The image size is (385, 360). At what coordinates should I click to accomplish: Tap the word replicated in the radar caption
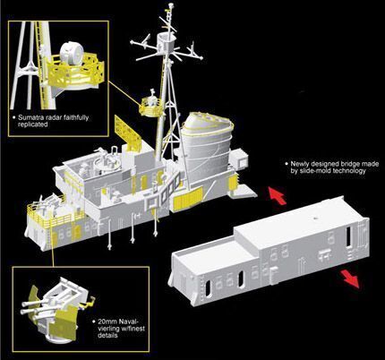33,124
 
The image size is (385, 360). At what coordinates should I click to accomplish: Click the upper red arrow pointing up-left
278,195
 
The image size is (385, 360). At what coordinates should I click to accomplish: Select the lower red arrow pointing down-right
351,279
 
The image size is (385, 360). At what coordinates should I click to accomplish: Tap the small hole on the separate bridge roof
314,219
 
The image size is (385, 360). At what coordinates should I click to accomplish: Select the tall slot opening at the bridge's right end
349,236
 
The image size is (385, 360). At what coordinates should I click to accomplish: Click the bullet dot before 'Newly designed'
287,164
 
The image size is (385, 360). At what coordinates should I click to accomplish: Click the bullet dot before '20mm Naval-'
94,321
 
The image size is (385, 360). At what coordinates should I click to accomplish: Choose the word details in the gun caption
107,335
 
